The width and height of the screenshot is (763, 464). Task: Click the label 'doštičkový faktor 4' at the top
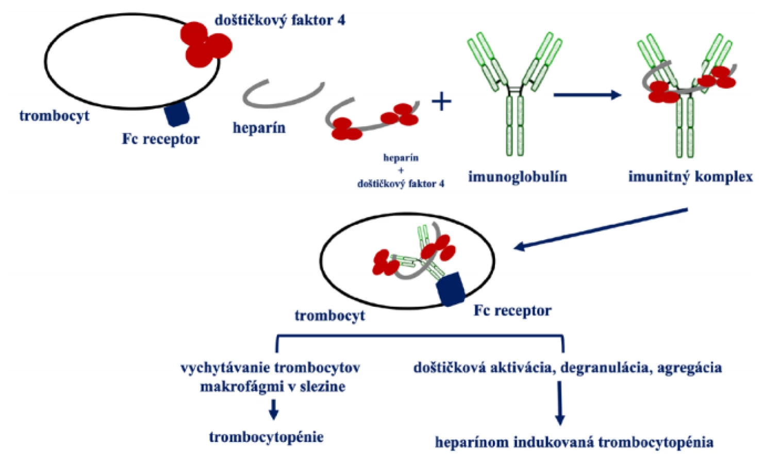[279, 21]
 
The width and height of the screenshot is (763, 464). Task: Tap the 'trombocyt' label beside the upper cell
[55, 116]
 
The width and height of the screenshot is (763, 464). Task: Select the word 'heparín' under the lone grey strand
[259, 128]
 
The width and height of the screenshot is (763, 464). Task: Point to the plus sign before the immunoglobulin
[442, 101]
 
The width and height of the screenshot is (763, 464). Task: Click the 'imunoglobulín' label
[518, 177]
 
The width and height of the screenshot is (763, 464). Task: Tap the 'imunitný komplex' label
[690, 177]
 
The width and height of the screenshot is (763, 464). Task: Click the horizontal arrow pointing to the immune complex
[588, 95]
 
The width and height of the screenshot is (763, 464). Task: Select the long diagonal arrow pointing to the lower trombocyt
[601, 229]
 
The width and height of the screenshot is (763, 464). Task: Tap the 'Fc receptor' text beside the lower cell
[512, 311]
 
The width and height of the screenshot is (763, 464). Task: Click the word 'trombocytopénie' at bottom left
[267, 437]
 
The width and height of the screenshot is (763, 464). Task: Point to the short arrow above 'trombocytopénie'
[274, 409]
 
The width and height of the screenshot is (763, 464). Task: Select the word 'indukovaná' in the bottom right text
[554, 442]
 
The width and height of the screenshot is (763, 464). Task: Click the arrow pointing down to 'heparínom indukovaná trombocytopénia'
[560, 403]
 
